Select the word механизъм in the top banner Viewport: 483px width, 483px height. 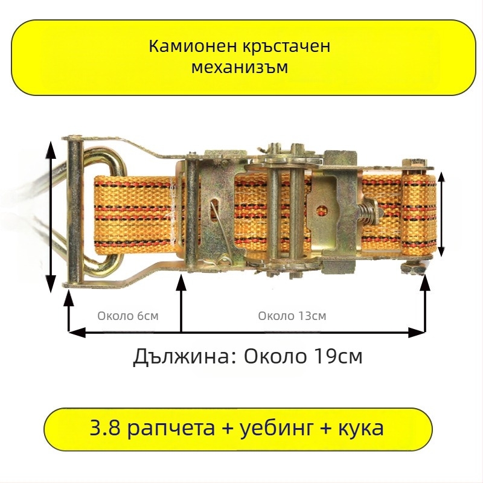240,67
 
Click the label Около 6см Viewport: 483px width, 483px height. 128,316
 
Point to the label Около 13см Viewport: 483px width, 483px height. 292,316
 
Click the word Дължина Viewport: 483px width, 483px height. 180,357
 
